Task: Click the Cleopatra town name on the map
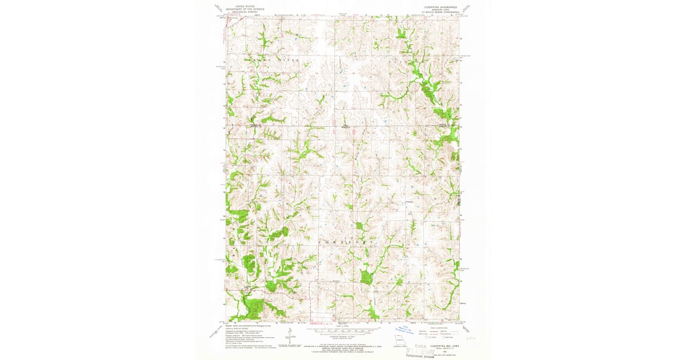click(x=409, y=201)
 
